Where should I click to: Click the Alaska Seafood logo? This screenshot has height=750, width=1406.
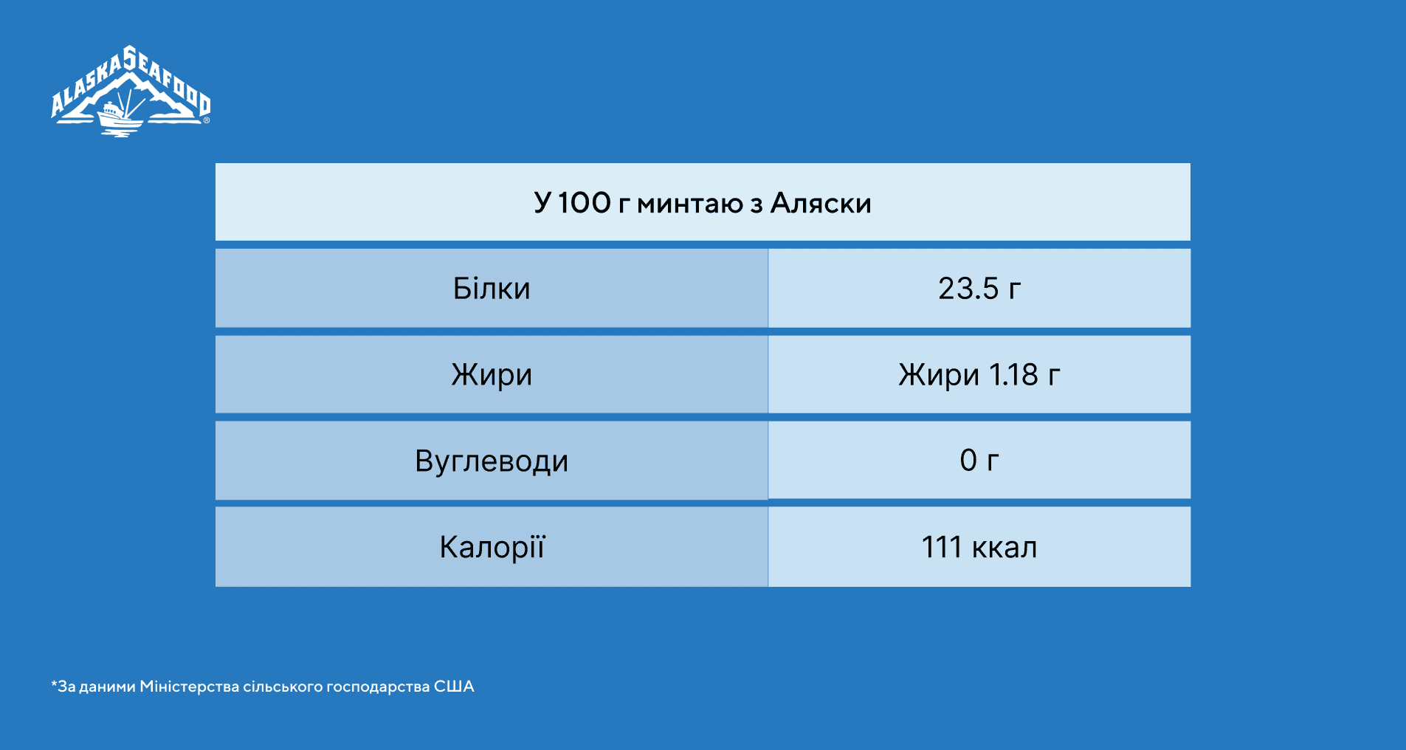(131, 92)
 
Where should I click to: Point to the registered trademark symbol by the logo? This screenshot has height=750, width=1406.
(207, 120)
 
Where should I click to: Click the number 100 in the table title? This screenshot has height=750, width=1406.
(584, 203)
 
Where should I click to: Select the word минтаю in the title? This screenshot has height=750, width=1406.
(690, 204)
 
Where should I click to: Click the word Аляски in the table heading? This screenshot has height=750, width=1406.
(821, 203)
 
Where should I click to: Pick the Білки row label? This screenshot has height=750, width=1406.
(492, 289)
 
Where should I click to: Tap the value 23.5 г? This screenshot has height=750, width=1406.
(979, 289)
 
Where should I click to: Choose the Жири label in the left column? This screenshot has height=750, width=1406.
(492, 375)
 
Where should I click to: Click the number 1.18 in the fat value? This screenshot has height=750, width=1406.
(1013, 375)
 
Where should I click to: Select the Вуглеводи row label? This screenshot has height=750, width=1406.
(492, 461)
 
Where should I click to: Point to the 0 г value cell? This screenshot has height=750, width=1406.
(979, 461)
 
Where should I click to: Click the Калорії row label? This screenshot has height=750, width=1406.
(492, 547)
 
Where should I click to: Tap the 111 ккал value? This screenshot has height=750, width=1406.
(979, 548)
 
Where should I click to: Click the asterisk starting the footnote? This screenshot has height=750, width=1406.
(54, 684)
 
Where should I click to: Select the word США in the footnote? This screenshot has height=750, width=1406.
(454, 687)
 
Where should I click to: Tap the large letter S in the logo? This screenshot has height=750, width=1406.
(130, 58)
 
